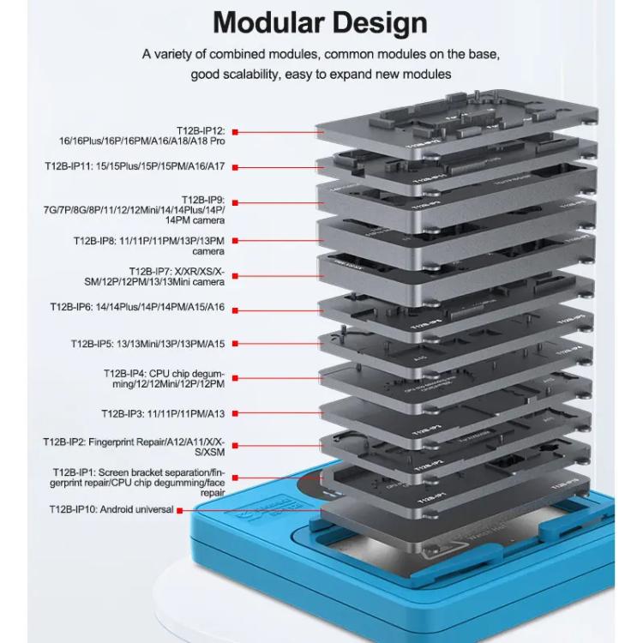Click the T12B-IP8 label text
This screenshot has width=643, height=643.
click(150, 246)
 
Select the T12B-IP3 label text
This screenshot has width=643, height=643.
click(163, 413)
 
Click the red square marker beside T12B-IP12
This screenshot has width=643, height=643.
click(235, 132)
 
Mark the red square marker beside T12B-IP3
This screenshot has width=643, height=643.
click(235, 413)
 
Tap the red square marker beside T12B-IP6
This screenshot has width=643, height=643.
click(235, 306)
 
